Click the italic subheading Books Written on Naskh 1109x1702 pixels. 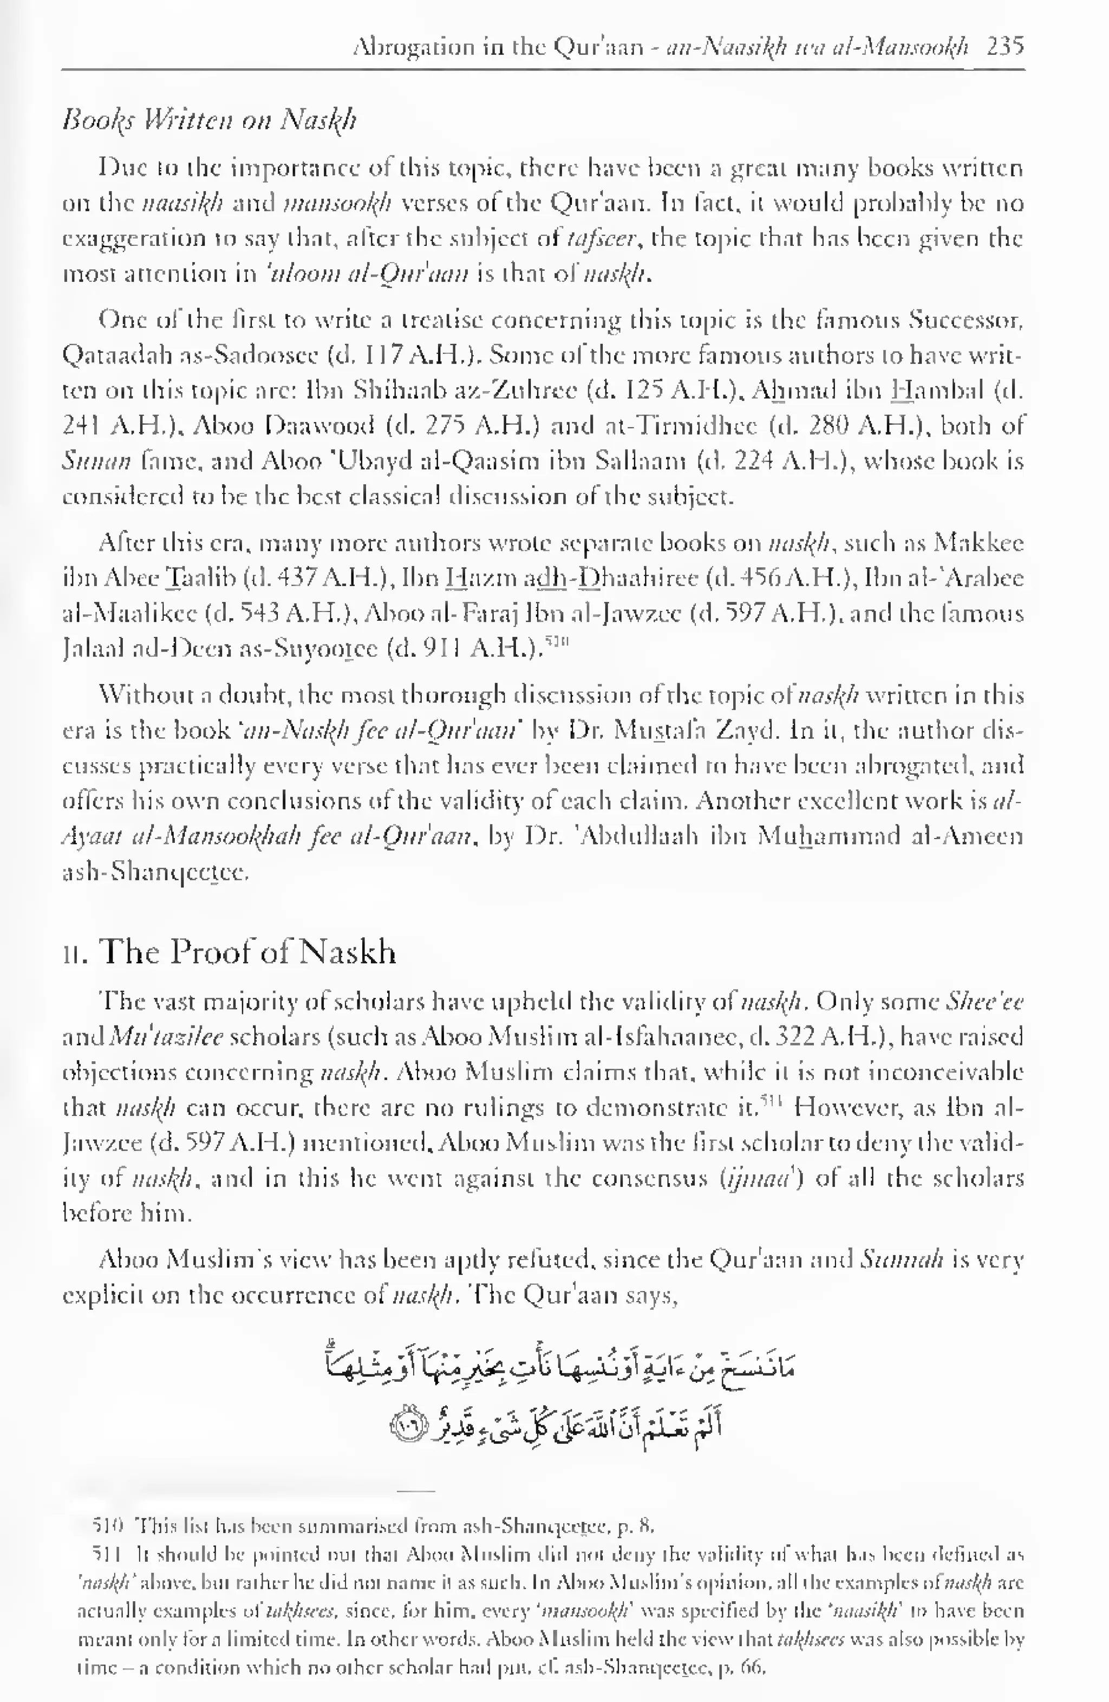point(209,119)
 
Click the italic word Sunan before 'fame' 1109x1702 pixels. point(96,462)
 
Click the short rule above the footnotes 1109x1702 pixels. point(415,1492)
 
